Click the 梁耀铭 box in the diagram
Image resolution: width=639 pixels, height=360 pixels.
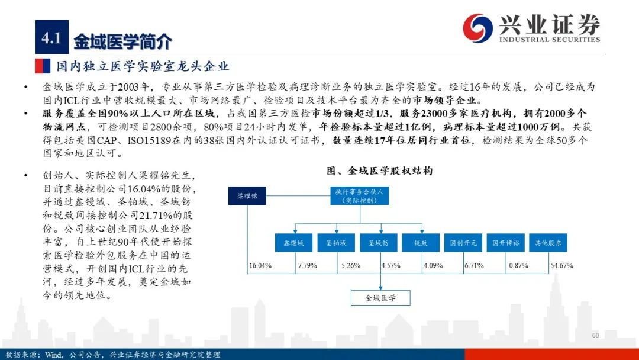point(247,196)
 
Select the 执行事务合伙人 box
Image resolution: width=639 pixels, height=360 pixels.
point(360,196)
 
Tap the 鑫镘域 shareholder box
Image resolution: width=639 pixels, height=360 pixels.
point(293,243)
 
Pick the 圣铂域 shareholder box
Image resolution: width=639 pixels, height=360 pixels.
point(336,243)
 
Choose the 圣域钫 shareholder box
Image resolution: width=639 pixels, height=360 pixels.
point(379,243)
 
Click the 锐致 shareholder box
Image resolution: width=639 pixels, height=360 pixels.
point(421,243)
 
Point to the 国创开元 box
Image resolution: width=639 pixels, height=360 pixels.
point(463,243)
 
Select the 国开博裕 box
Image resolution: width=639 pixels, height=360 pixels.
point(506,243)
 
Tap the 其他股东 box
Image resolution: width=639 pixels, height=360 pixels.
point(548,243)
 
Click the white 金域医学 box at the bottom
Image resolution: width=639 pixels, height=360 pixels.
point(380,298)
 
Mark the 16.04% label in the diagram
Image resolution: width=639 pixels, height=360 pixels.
point(260,266)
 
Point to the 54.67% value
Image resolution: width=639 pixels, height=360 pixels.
point(562,266)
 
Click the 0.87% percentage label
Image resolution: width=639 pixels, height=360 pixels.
point(518,266)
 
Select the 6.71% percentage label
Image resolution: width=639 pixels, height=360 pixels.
point(475,266)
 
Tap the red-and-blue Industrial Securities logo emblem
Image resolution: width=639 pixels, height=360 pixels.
point(477,28)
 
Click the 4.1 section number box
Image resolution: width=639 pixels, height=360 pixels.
point(51,37)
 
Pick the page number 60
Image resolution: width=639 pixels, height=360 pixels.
point(595,335)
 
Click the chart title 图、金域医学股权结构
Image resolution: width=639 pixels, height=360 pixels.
point(379,171)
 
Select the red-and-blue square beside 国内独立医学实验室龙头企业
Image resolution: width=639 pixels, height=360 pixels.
point(43,66)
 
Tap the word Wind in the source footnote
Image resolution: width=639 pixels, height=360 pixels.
point(54,355)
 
